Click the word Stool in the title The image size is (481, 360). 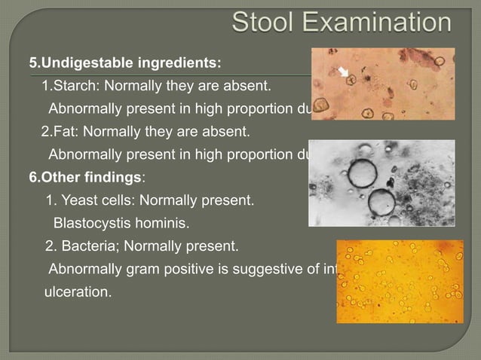[267, 23]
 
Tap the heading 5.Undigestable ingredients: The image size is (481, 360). [125, 61]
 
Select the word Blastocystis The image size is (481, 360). [90, 224]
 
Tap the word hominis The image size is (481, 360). [162, 224]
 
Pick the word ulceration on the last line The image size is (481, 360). [78, 291]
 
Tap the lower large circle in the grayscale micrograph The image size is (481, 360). [381, 202]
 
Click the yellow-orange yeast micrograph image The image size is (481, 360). [400, 281]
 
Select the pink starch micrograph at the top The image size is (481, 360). [384, 84]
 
